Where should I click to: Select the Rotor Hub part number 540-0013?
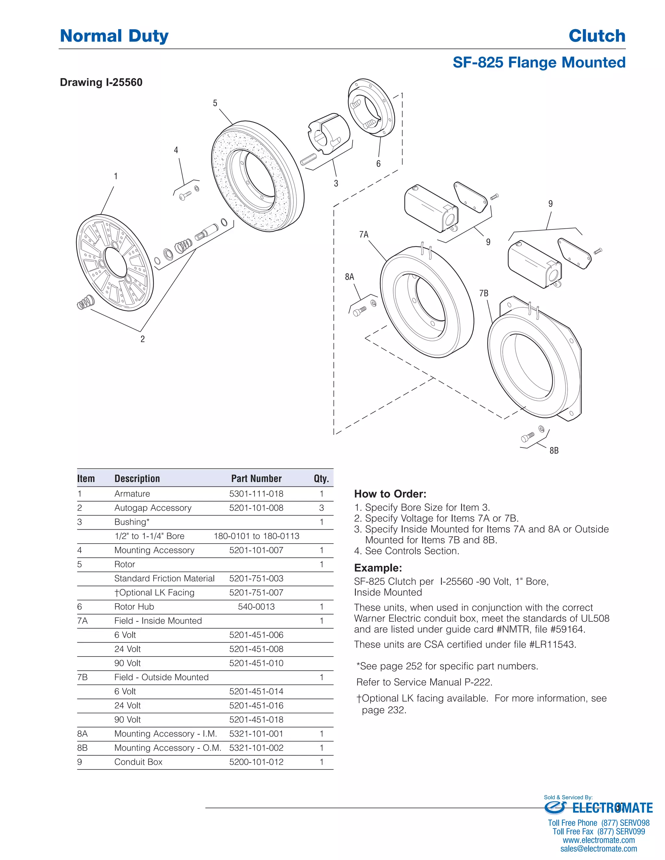click(256, 607)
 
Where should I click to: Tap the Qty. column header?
click(321, 478)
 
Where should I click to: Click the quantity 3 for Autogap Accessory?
click(321, 508)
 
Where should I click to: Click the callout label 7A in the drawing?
click(364, 235)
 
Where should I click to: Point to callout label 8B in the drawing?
click(554, 450)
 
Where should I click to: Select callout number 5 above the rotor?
click(215, 103)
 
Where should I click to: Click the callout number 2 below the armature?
click(143, 339)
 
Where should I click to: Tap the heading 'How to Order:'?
click(390, 494)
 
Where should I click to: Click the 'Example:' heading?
click(378, 568)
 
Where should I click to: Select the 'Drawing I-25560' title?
click(101, 82)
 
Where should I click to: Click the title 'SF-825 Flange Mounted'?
click(539, 63)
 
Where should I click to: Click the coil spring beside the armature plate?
click(85, 303)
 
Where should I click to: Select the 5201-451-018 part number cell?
click(256, 719)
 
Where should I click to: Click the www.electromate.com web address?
click(598, 840)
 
